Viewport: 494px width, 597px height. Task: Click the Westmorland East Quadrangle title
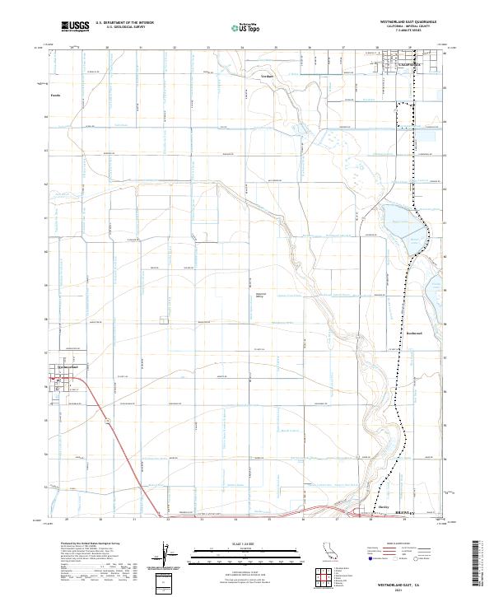coord(401,22)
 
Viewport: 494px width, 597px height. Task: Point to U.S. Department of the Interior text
coord(124,22)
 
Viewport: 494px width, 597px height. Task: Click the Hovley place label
coord(384,507)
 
